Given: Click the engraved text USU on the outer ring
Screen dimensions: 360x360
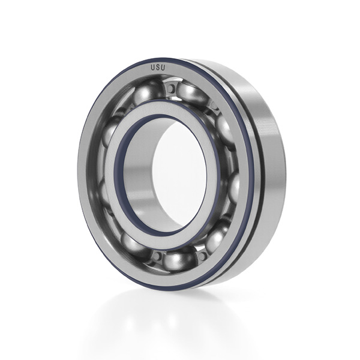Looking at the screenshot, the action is (158, 67).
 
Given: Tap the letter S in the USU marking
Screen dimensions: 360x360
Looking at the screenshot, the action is (158, 67).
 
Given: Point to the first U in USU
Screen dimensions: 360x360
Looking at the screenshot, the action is (152, 67).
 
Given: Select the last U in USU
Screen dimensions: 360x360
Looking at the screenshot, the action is (163, 68).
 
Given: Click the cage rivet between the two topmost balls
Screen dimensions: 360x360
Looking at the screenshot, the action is (171, 88).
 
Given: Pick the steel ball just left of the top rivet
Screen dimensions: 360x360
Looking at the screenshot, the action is (147, 91).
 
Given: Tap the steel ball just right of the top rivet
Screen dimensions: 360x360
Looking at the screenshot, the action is (192, 93).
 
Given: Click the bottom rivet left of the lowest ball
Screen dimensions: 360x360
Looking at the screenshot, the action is (157, 256).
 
